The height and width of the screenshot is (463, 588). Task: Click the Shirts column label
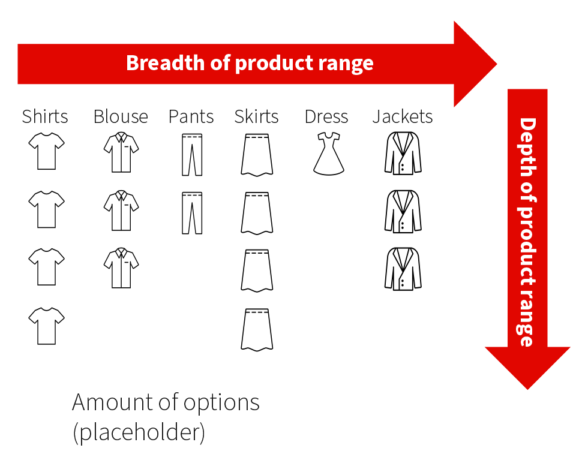[x=45, y=116]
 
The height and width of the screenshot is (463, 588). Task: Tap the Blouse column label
[x=121, y=116]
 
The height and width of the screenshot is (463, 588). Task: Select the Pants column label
[x=191, y=116]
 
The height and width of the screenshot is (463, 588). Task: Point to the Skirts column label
[x=257, y=116]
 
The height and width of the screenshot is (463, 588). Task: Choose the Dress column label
[x=326, y=116]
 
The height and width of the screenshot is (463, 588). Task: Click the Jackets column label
[x=403, y=116]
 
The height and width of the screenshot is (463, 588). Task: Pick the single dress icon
[x=329, y=154]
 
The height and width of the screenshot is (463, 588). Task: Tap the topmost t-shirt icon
[x=47, y=151]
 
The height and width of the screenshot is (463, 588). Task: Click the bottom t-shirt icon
[x=47, y=326]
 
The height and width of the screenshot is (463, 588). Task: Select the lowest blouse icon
[x=121, y=267]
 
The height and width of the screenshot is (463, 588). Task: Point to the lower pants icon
[x=192, y=213]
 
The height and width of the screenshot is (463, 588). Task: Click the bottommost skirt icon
[x=257, y=329]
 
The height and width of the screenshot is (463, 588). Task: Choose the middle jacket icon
[x=403, y=212]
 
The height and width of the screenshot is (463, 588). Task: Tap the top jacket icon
[x=403, y=154]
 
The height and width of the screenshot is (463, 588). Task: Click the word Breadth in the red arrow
[x=166, y=62]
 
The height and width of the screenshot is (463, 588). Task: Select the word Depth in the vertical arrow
[x=527, y=148]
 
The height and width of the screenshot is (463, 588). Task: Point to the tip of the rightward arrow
[x=497, y=64]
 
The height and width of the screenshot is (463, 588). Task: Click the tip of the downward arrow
[x=527, y=389]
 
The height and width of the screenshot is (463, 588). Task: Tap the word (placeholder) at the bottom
[x=139, y=432]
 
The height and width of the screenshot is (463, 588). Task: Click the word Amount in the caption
[x=113, y=402]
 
